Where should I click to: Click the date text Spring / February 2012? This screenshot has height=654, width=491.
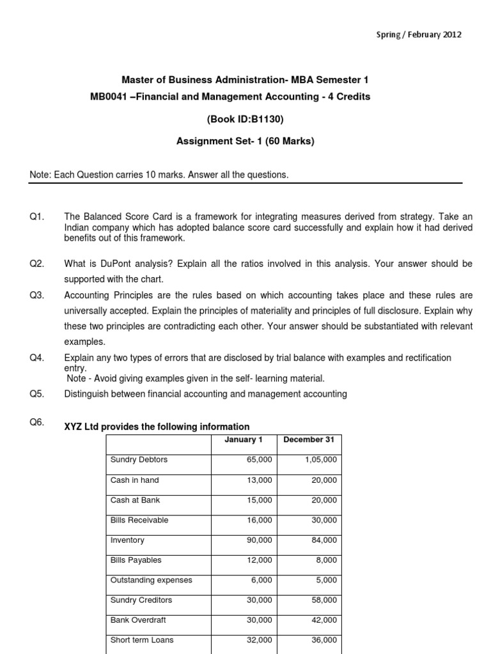[418, 34]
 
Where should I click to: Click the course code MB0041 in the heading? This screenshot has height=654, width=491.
[109, 96]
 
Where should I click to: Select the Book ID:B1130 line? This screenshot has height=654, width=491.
[245, 119]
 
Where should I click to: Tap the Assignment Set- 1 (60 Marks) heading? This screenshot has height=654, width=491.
[245, 141]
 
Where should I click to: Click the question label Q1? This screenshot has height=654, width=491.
[36, 218]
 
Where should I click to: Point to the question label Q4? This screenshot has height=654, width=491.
[36, 358]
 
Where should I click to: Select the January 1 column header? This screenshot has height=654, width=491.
[244, 440]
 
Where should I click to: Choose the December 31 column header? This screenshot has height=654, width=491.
[309, 440]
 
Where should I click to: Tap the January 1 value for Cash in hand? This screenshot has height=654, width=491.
[260, 480]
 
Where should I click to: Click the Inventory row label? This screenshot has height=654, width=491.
[127, 540]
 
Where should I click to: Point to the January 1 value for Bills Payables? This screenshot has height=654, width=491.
[260, 561]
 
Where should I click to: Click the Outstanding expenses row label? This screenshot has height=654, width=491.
[151, 580]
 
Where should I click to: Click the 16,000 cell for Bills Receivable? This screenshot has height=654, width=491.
[260, 521]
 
